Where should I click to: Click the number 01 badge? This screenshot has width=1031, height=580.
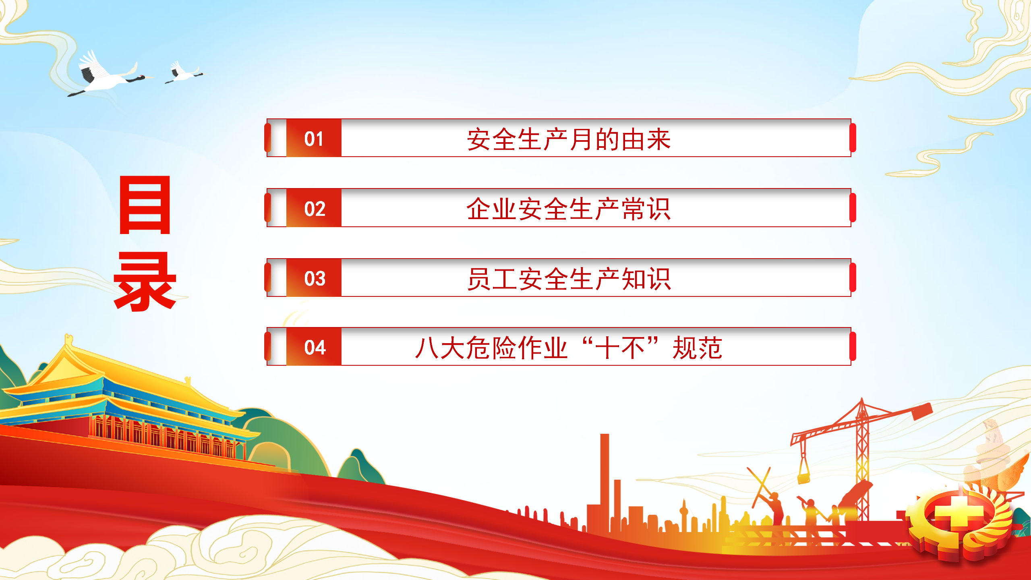click(x=314, y=138)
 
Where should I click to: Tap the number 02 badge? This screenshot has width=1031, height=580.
click(x=314, y=208)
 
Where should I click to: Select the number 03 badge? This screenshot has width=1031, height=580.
click(x=314, y=278)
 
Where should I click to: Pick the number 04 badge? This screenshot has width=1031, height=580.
click(x=314, y=347)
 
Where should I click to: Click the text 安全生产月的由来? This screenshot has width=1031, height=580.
click(x=569, y=139)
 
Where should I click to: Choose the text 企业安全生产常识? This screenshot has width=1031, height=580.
click(x=569, y=209)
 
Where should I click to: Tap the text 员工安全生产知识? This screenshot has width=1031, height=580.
click(x=569, y=279)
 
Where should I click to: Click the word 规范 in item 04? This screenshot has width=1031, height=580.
click(x=698, y=348)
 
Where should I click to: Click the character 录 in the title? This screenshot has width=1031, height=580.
click(x=145, y=282)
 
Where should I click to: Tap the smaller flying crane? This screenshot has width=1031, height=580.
click(x=183, y=72)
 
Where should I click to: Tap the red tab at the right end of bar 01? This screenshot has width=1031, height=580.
click(x=853, y=138)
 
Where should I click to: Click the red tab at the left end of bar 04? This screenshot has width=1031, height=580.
click(x=268, y=346)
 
